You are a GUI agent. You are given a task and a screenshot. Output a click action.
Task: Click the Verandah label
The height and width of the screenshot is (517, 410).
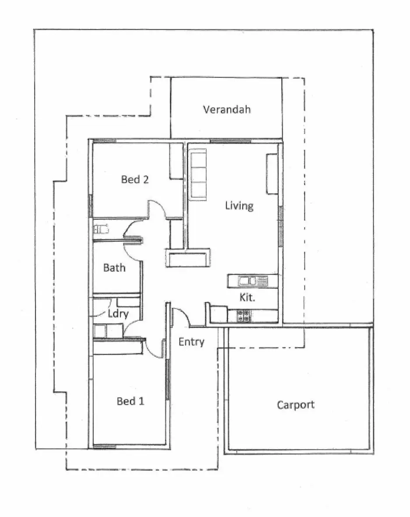[226, 110]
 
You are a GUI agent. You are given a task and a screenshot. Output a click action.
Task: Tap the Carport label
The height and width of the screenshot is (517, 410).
[296, 405]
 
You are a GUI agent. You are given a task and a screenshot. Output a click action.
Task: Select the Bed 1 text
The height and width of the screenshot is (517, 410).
[131, 401]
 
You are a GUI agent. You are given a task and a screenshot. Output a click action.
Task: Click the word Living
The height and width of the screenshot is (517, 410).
[239, 205]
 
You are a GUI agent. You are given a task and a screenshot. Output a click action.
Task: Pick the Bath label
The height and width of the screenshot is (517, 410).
[114, 267]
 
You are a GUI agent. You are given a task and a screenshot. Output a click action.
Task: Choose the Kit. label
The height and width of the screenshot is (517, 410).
[247, 298]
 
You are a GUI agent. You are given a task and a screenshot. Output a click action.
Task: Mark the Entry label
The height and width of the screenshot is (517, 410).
[191, 342]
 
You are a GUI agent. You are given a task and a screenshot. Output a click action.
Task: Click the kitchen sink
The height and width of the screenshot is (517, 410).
[252, 281]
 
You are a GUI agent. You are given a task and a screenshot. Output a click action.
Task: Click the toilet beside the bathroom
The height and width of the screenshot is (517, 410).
[102, 228]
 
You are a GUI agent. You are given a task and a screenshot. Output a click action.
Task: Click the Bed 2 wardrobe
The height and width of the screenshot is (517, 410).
[176, 160]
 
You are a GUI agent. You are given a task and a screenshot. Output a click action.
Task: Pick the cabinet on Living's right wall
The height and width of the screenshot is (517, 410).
[272, 174]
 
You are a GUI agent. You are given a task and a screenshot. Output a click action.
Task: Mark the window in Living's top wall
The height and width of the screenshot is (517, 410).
[230, 141]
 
